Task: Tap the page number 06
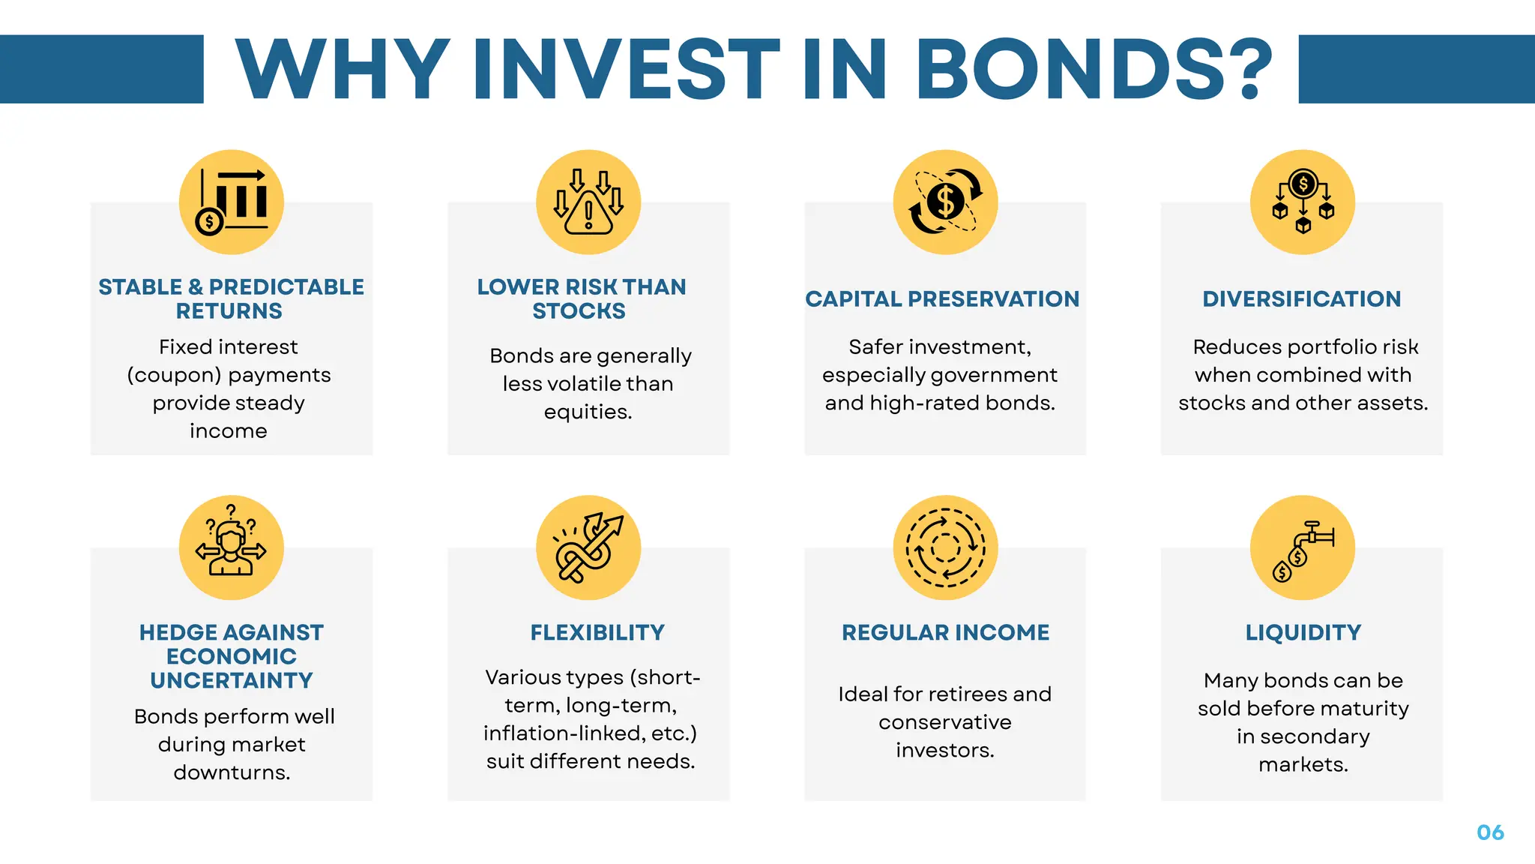(1490, 832)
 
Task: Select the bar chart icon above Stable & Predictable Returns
(232, 202)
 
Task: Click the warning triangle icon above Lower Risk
(588, 202)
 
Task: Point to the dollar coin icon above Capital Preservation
(945, 202)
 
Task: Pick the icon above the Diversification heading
(1303, 202)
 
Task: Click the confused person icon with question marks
(232, 547)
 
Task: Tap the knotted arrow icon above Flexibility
(588, 547)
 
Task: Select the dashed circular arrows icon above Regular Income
(945, 547)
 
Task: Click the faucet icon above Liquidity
(1303, 547)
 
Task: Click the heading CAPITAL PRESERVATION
(942, 299)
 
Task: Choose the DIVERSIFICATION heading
(1302, 299)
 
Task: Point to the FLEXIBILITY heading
(597, 633)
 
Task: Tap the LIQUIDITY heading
(1303, 633)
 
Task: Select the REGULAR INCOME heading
(945, 633)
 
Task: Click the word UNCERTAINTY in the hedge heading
(232, 681)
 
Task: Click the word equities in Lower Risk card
(588, 412)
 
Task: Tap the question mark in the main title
(1251, 69)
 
